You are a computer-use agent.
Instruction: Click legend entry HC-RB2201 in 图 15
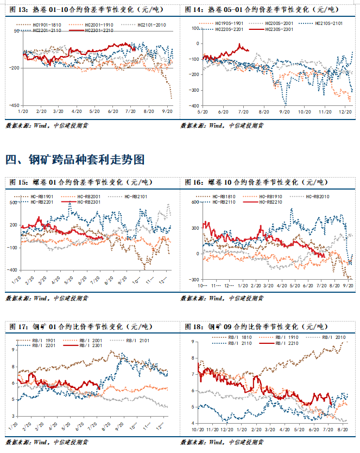point(40,202)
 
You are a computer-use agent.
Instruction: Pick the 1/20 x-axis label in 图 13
point(23,111)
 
